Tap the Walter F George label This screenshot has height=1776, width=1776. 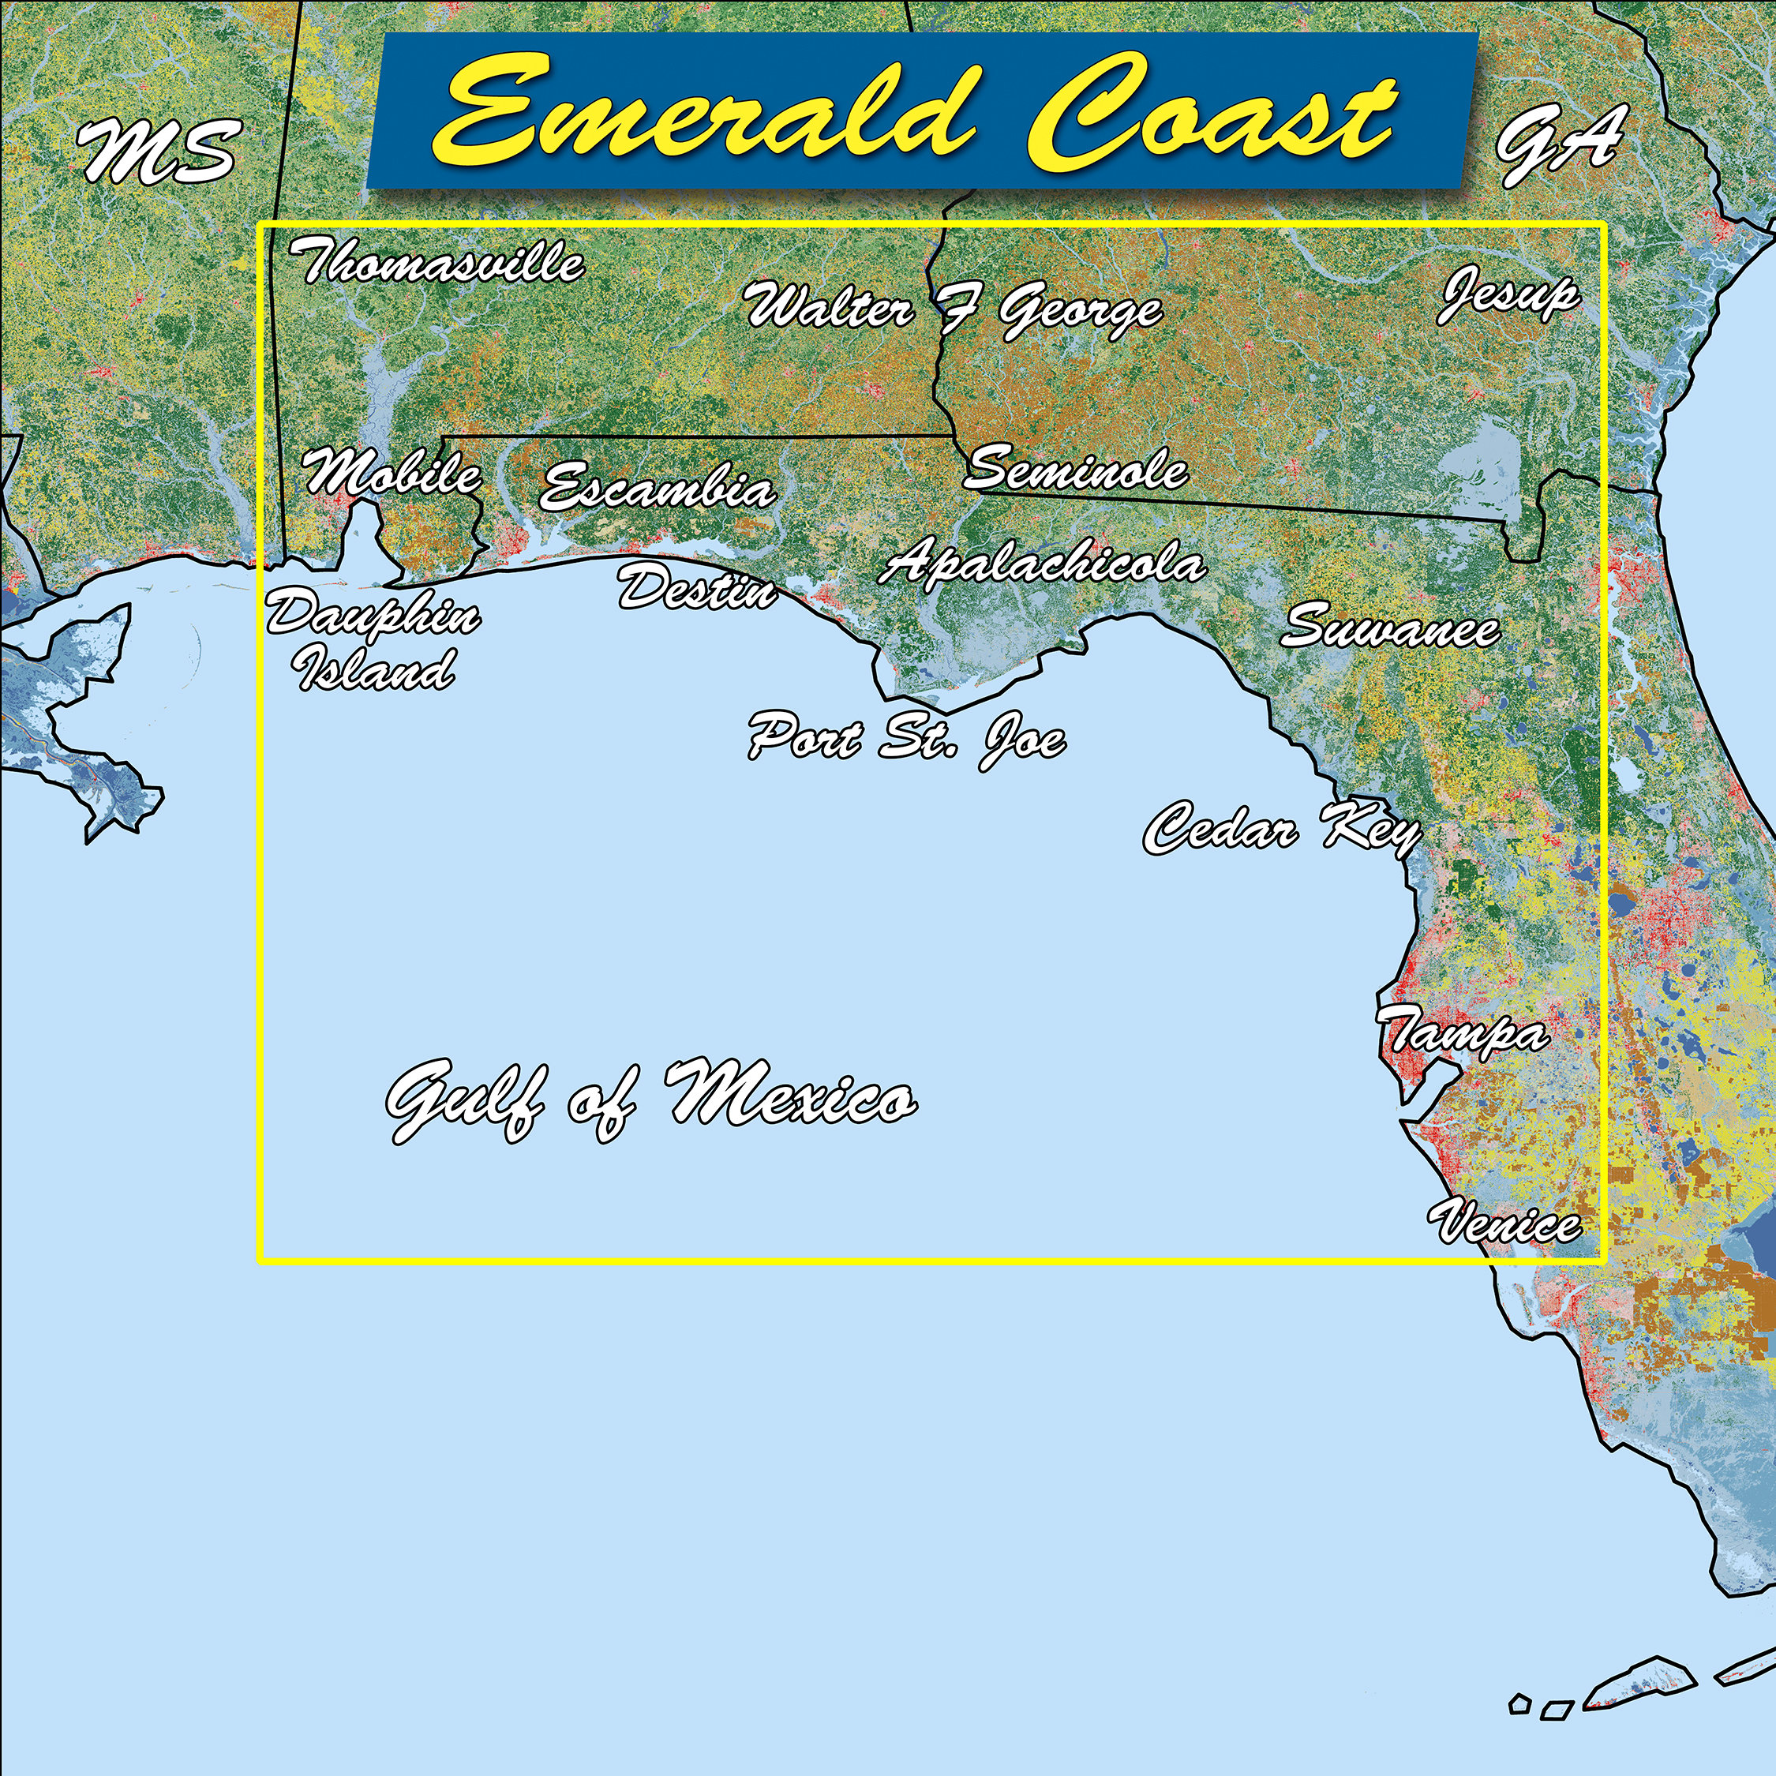pos(954,309)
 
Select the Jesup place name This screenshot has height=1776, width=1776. pos(1508,295)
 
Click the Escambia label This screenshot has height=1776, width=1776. pos(658,487)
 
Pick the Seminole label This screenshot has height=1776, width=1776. pos(1076,469)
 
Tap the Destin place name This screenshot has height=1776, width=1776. pos(697,588)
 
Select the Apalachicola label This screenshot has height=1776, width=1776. pos(1041,563)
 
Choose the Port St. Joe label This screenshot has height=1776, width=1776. pos(907,738)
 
